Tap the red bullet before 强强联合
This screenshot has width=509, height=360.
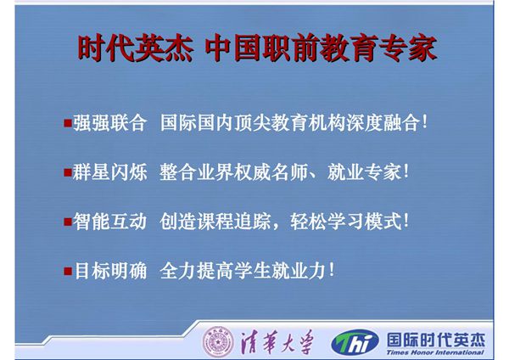[68, 122]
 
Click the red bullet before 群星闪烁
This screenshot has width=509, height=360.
[68, 172]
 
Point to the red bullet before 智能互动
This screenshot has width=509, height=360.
[68, 222]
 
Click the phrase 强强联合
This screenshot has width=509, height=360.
[110, 122]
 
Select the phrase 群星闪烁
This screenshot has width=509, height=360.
[110, 172]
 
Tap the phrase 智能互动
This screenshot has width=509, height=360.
[110, 222]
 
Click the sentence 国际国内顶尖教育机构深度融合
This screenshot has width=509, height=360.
[288, 122]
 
